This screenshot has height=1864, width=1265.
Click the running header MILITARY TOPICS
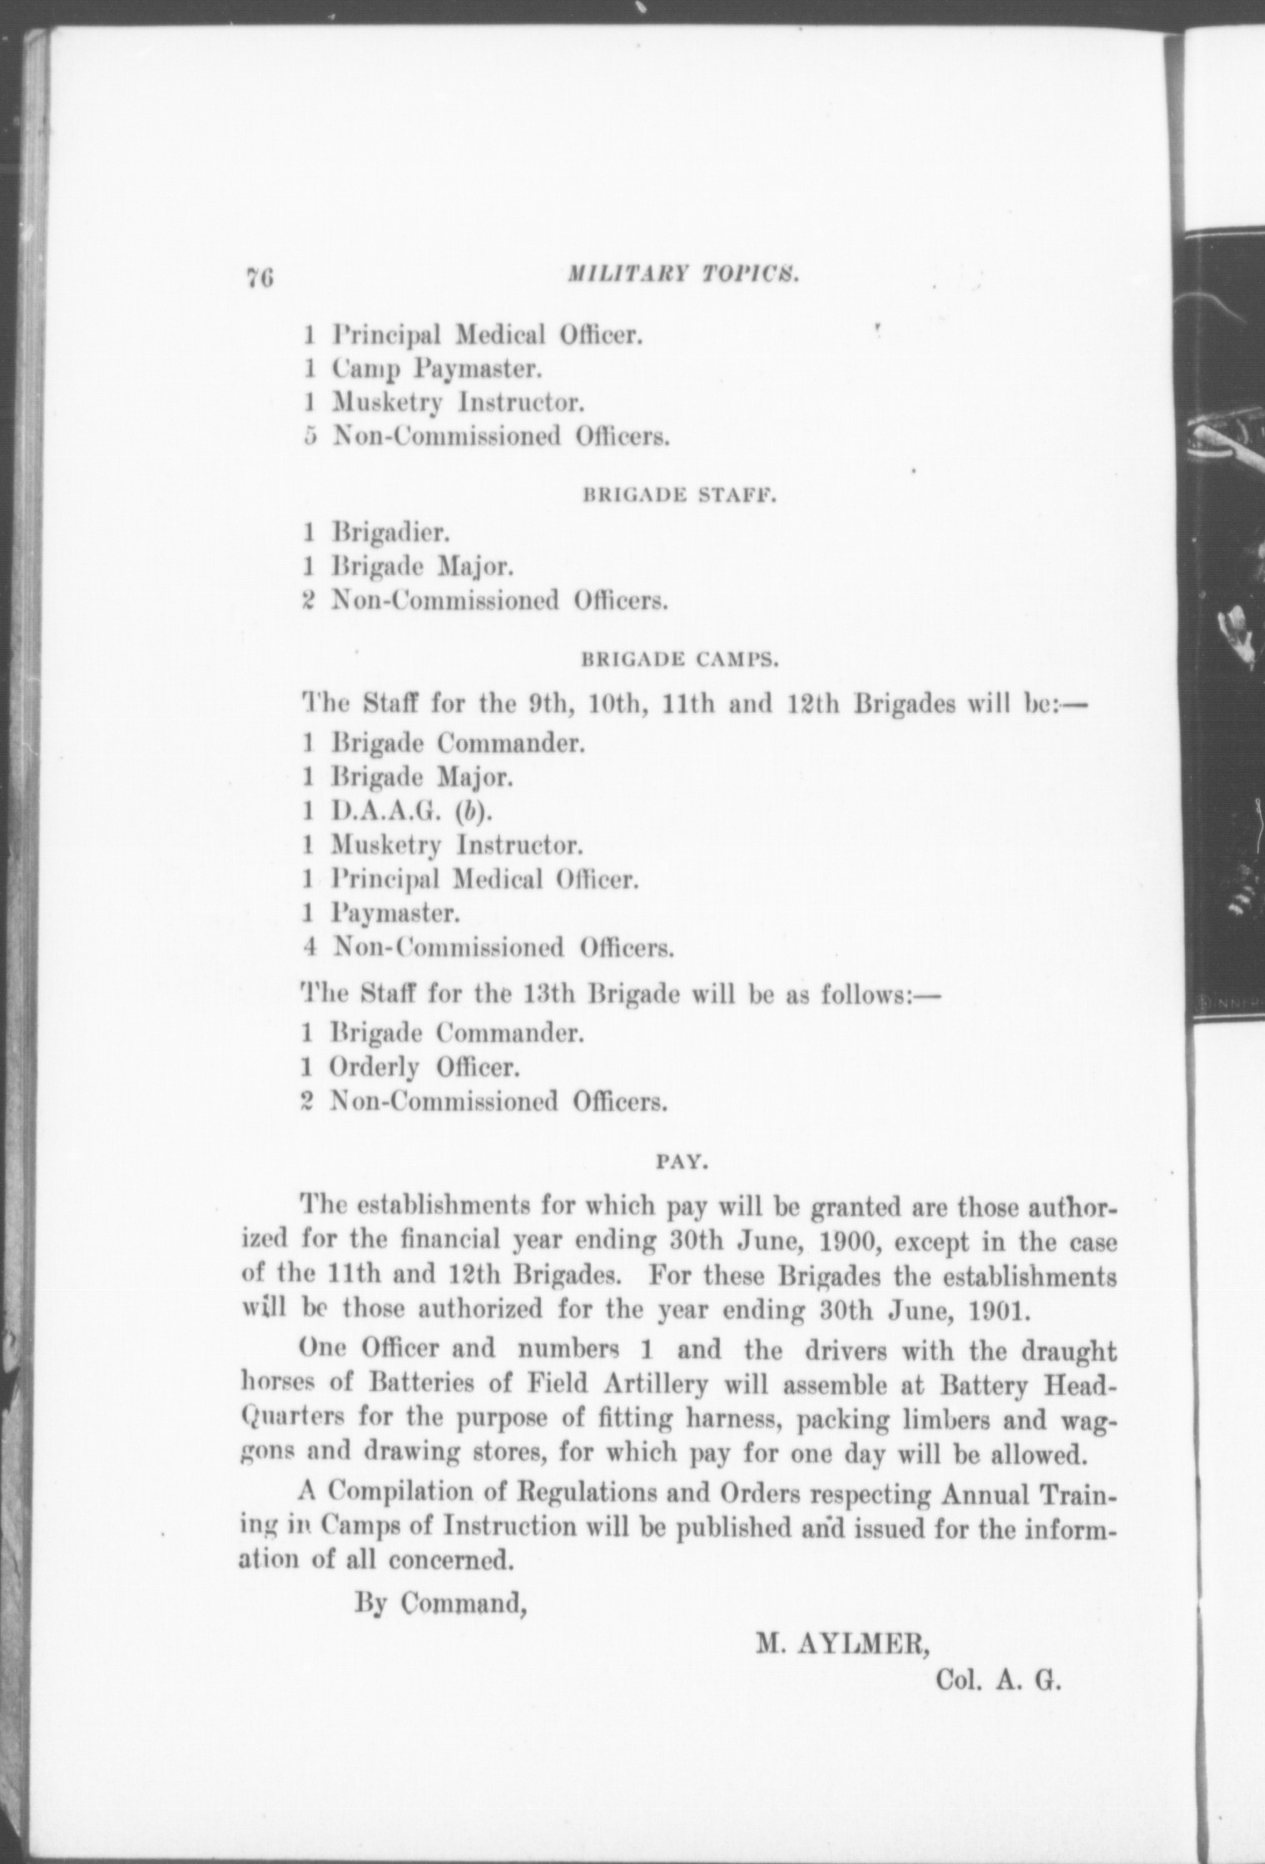coord(683,275)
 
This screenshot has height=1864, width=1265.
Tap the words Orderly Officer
coord(424,1067)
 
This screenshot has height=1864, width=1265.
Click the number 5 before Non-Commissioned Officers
coord(309,436)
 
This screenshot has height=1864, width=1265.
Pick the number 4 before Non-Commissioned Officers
coord(309,948)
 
